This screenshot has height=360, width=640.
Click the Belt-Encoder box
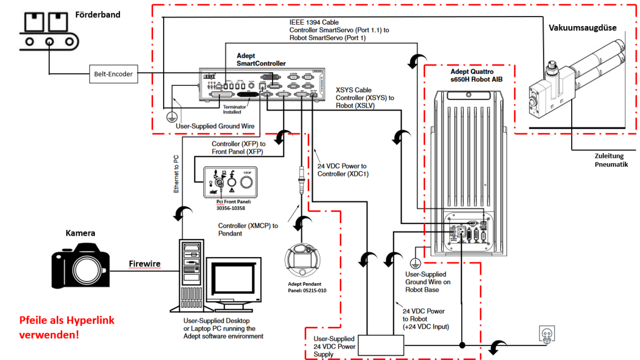coord(113,75)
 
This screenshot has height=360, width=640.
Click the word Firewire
coord(145,264)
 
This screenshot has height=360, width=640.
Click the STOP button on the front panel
coord(246,182)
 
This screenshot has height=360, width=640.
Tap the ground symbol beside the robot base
coord(414,262)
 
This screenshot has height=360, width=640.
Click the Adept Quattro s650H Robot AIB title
coord(466,75)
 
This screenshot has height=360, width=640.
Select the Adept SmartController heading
coord(261,59)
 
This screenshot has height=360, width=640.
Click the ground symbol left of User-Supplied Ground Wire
coord(171,116)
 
